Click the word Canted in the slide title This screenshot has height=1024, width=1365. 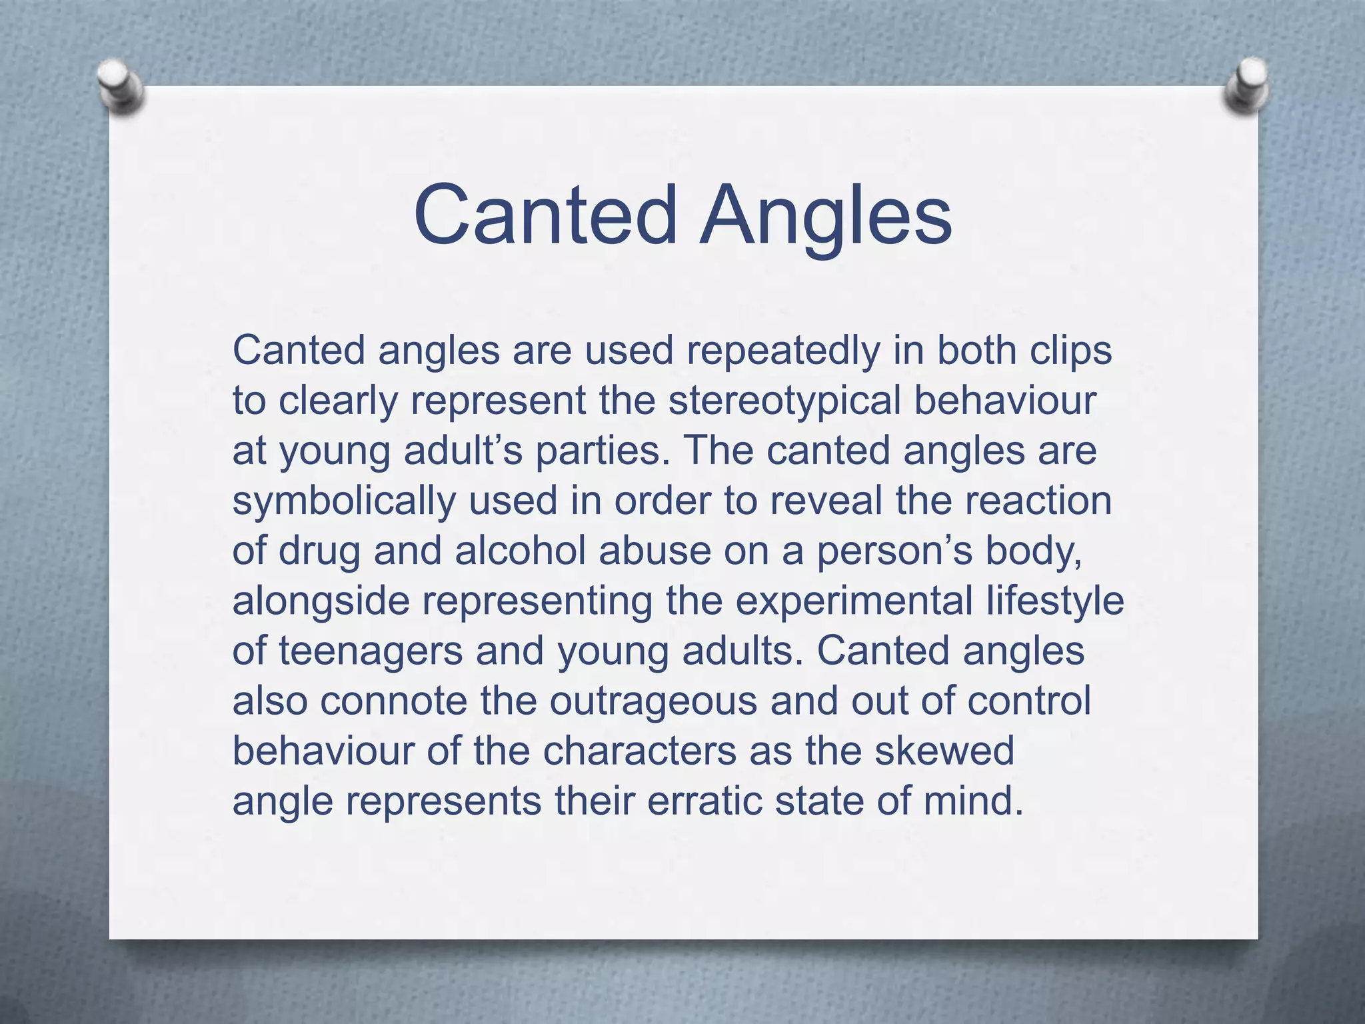tap(545, 215)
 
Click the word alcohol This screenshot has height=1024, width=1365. tap(520, 551)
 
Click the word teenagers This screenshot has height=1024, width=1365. tap(371, 652)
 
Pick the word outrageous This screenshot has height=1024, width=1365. tap(653, 702)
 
